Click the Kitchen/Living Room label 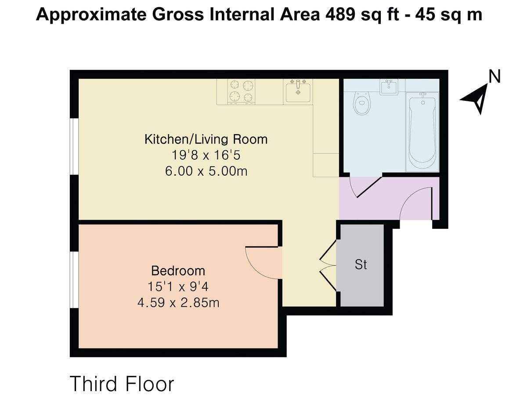click(x=206, y=139)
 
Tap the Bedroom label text click(x=178, y=271)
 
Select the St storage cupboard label click(x=361, y=265)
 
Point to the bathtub click(x=422, y=132)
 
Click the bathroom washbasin click(x=389, y=87)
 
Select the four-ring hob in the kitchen click(x=241, y=92)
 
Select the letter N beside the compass click(x=495, y=77)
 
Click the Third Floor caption click(x=122, y=384)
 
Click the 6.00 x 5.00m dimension click(x=206, y=172)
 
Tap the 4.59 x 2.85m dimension click(x=178, y=303)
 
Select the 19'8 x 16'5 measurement click(x=206, y=155)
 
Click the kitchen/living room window click(x=74, y=146)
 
